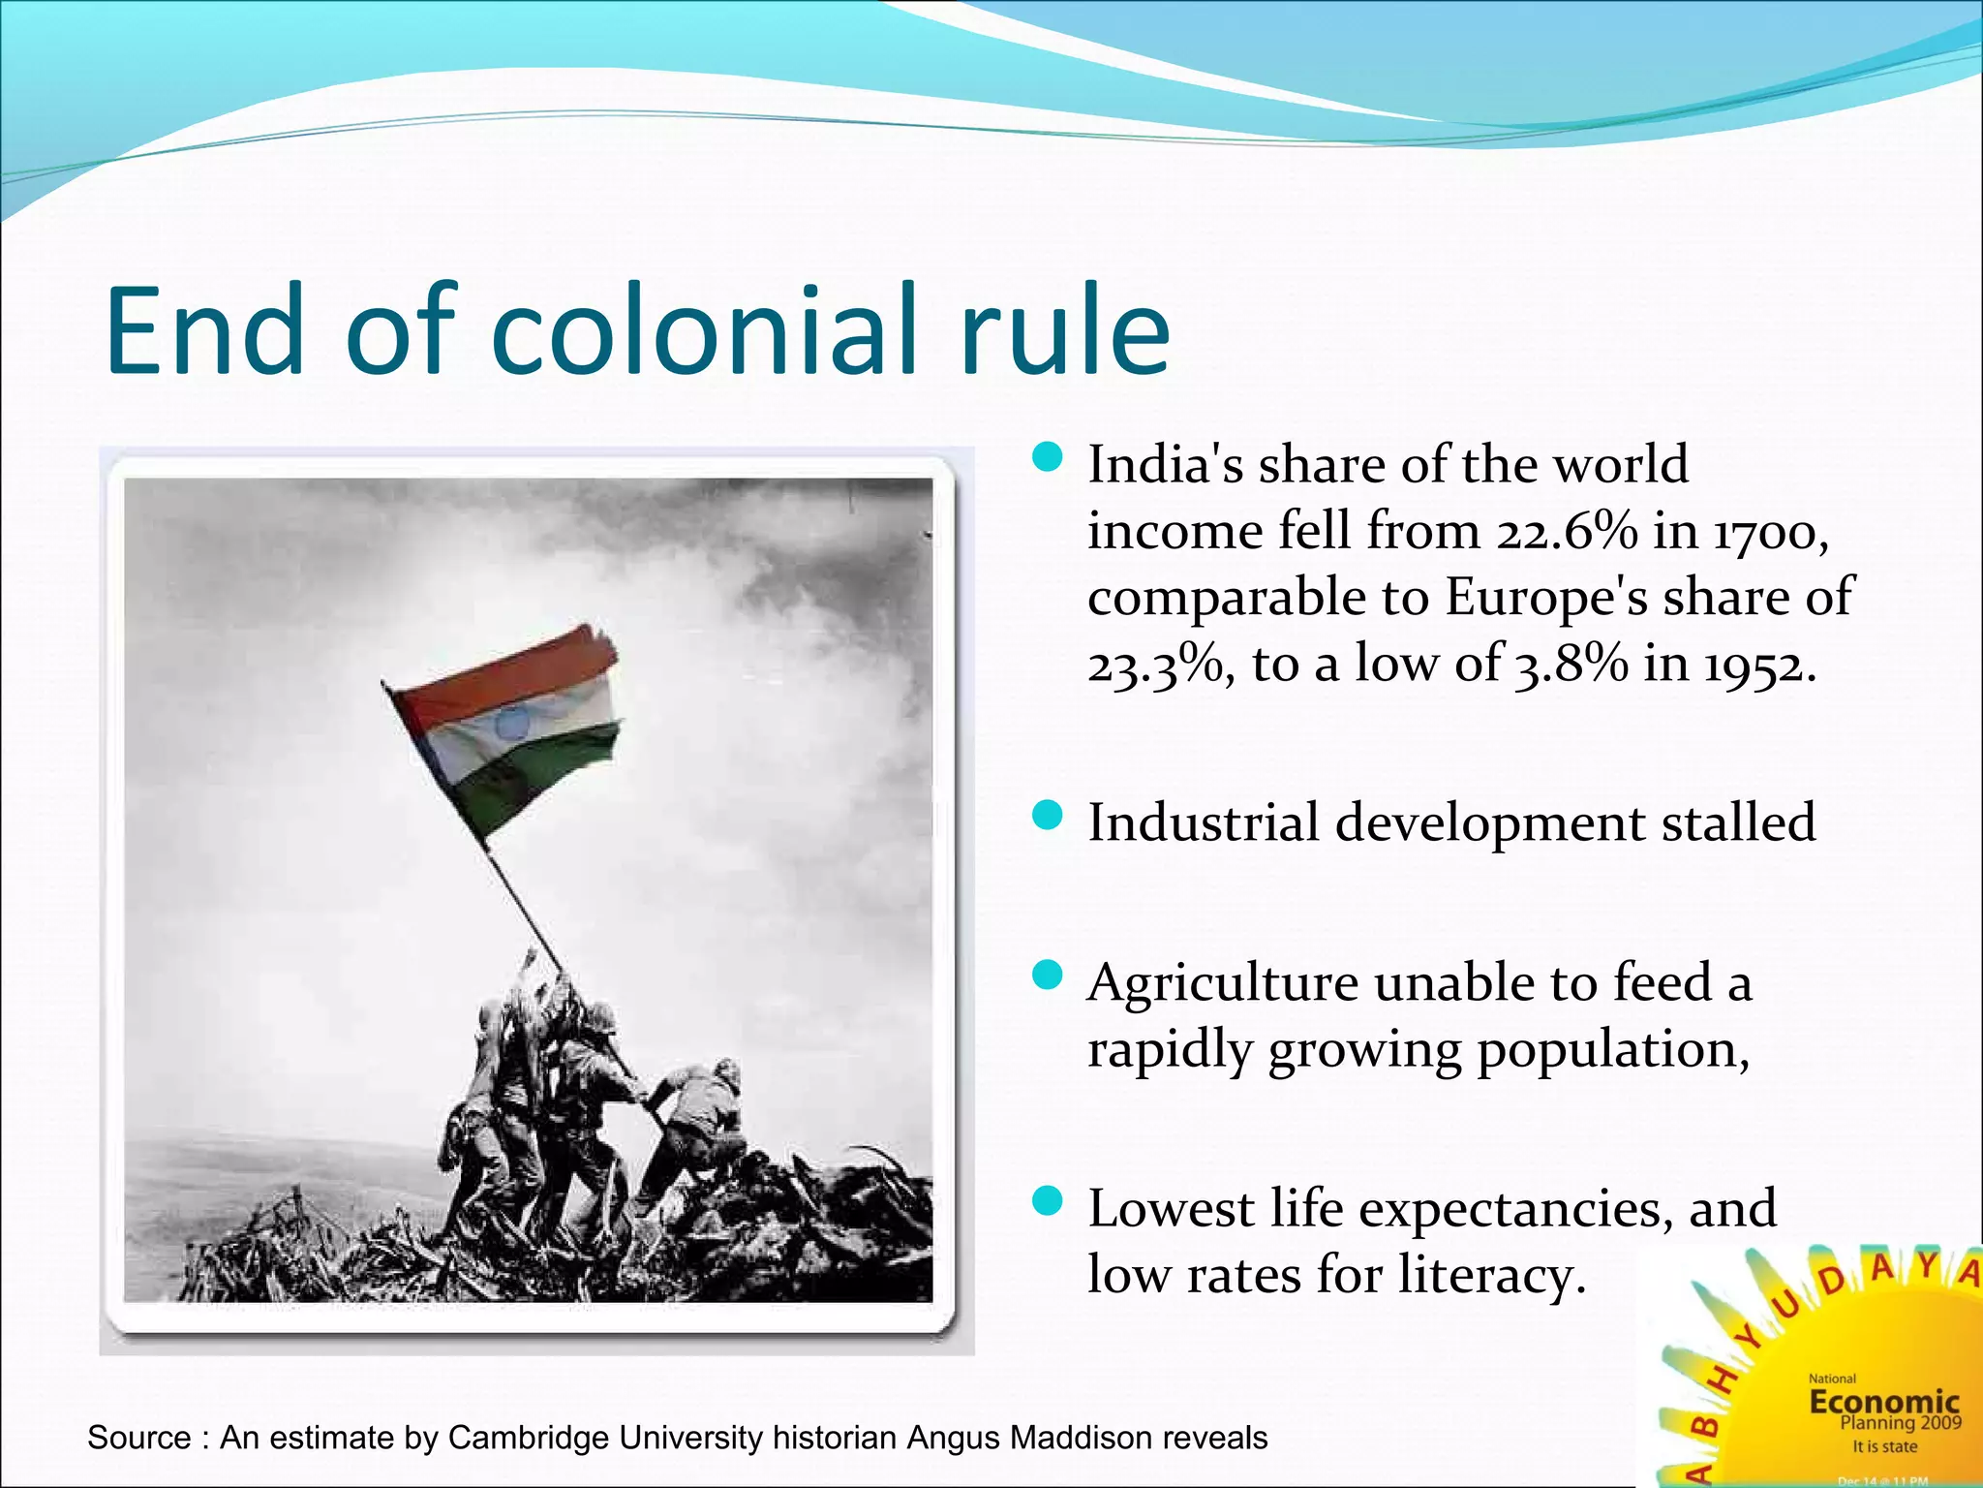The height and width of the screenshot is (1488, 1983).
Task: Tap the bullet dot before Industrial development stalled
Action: click(1048, 816)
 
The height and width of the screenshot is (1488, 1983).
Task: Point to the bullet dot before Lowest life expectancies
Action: click(1048, 1202)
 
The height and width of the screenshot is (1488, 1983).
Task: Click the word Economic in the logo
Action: click(1883, 1402)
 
